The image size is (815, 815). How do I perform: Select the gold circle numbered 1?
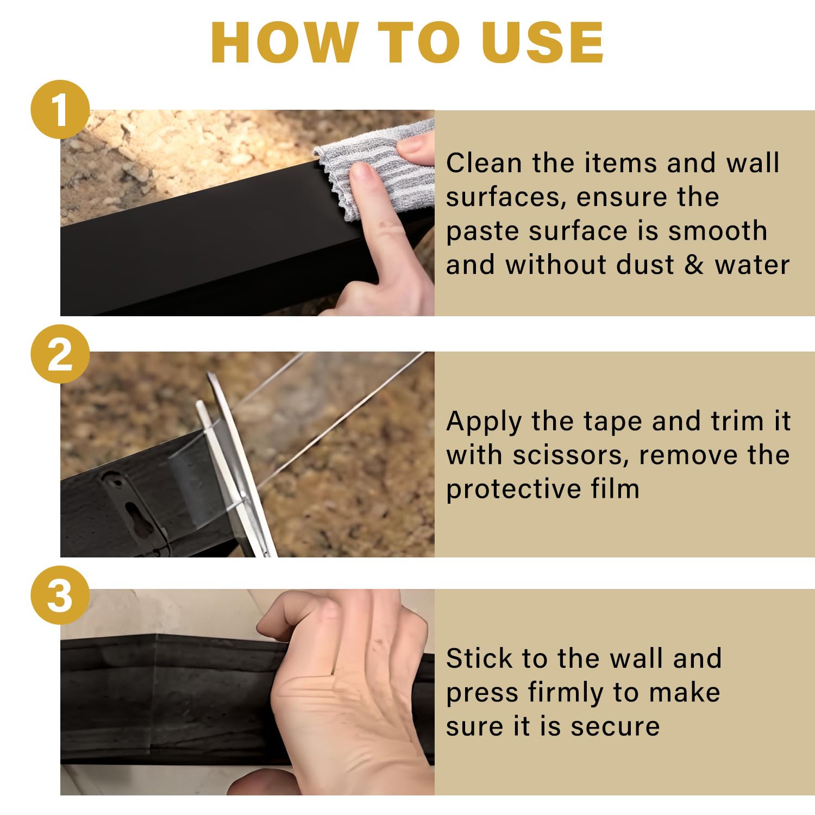60,109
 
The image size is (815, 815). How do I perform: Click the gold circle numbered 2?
60,354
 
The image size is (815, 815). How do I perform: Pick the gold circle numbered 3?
60,595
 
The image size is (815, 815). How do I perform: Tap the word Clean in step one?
484,163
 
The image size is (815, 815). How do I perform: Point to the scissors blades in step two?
234,462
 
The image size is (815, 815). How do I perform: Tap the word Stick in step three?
479,659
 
